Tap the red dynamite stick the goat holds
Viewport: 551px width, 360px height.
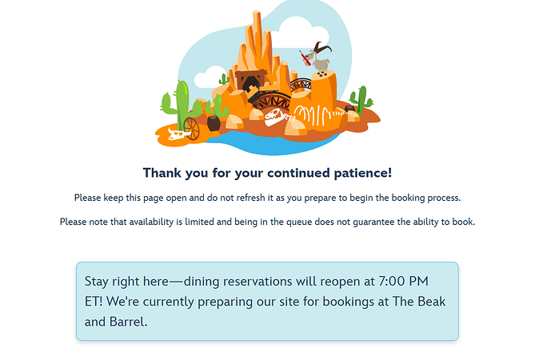(305, 58)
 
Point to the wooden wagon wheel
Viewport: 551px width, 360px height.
(191, 129)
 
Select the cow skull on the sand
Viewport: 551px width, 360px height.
(178, 134)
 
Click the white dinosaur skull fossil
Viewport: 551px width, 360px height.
(275, 117)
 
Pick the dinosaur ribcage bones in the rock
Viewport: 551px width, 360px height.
(313, 115)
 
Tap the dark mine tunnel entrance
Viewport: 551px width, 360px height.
(251, 85)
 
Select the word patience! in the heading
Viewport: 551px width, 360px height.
(362, 174)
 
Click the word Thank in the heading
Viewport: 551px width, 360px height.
(162, 173)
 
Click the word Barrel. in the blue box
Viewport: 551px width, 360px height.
(128, 322)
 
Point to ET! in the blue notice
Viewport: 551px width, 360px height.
(94, 302)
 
